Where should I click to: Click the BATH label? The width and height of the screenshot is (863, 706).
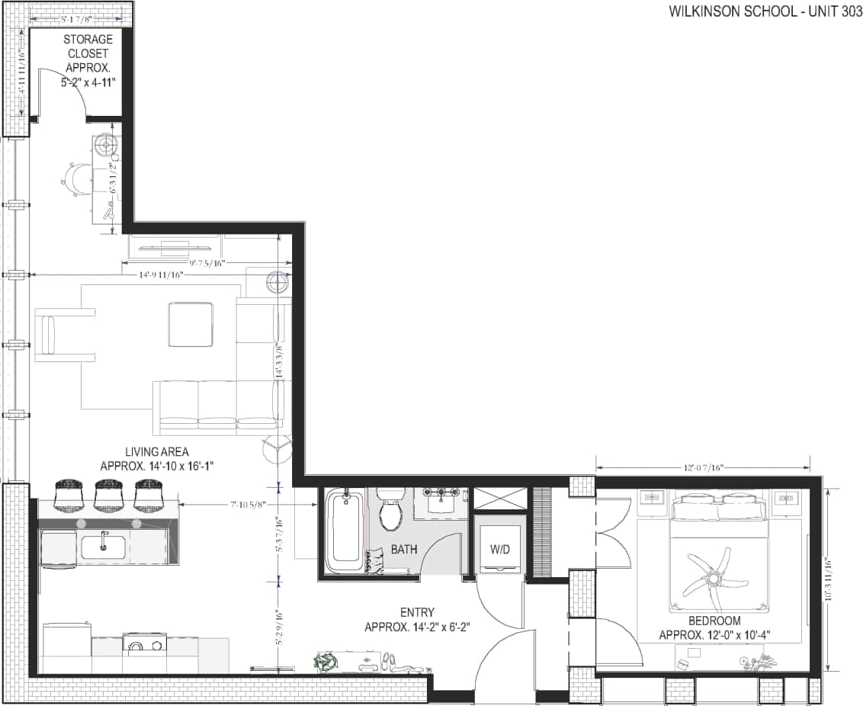[404, 549]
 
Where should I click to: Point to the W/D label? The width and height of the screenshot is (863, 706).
[499, 549]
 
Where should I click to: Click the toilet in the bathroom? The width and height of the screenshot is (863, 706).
[391, 513]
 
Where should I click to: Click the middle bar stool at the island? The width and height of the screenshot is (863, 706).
[108, 494]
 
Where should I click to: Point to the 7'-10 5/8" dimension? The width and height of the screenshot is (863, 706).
[251, 504]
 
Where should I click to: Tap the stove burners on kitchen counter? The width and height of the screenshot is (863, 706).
[145, 645]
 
